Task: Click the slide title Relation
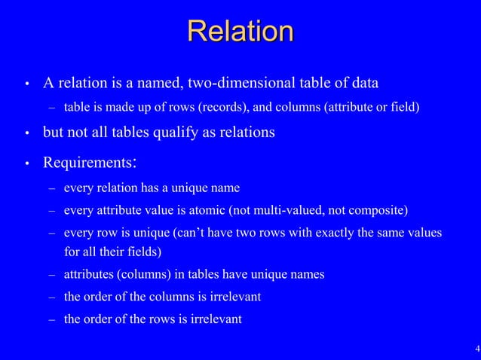(240, 32)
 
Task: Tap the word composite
(381, 209)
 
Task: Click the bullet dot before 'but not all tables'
(27, 133)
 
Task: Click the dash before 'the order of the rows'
(51, 319)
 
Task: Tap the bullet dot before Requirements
(27, 163)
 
